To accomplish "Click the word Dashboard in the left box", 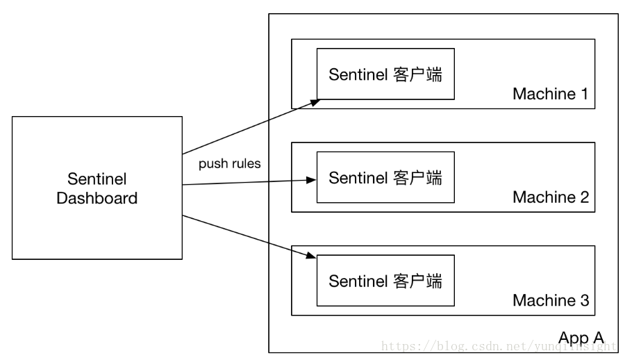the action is (97, 198).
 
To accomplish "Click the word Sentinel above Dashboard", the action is (97, 179).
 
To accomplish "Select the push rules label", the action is (230, 163).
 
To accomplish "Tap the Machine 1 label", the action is (551, 94).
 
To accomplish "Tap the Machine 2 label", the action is (551, 197).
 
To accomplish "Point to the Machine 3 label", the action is (551, 300).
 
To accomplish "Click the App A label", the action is (581, 338).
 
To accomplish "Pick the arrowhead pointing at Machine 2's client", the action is (311, 180).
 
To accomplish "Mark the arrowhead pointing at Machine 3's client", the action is (311, 255).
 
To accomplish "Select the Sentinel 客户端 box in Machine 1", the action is (385, 74).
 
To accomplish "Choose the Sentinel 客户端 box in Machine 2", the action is (385, 177).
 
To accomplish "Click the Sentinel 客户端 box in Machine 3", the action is (385, 281).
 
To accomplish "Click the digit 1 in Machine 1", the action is (584, 94).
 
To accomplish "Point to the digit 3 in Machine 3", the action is (584, 300).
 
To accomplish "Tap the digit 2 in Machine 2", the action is (584, 197).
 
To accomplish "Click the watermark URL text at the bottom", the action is (499, 346).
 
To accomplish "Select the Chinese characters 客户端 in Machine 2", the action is (418, 178).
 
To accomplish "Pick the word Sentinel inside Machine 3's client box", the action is (358, 281).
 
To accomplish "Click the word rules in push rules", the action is (246, 163).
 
